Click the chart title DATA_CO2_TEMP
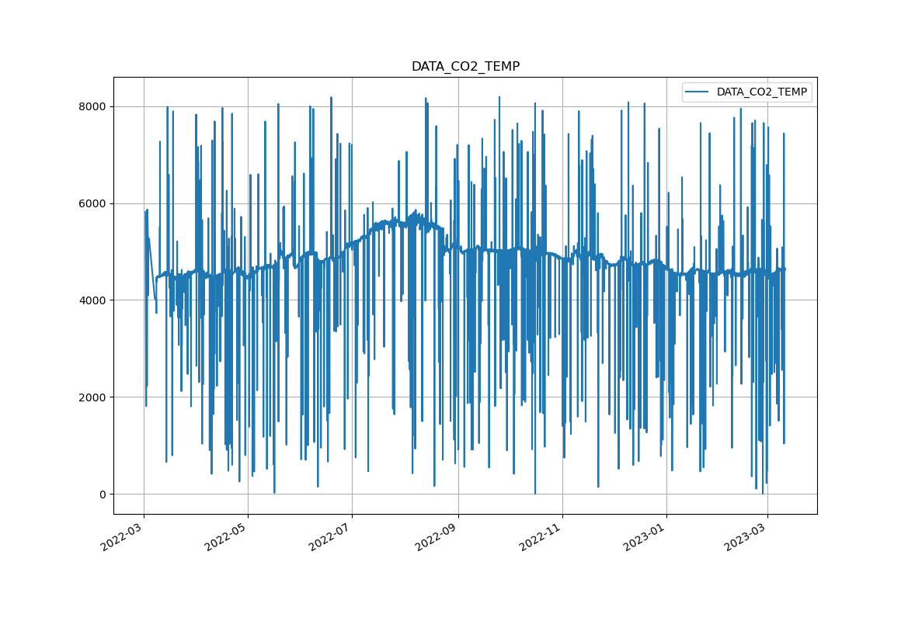(465, 67)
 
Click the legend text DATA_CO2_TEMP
(761, 92)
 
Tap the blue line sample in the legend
(697, 92)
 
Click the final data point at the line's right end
(784, 269)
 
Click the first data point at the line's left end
(144, 211)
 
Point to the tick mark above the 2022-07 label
(352, 515)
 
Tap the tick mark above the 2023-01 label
(666, 515)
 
